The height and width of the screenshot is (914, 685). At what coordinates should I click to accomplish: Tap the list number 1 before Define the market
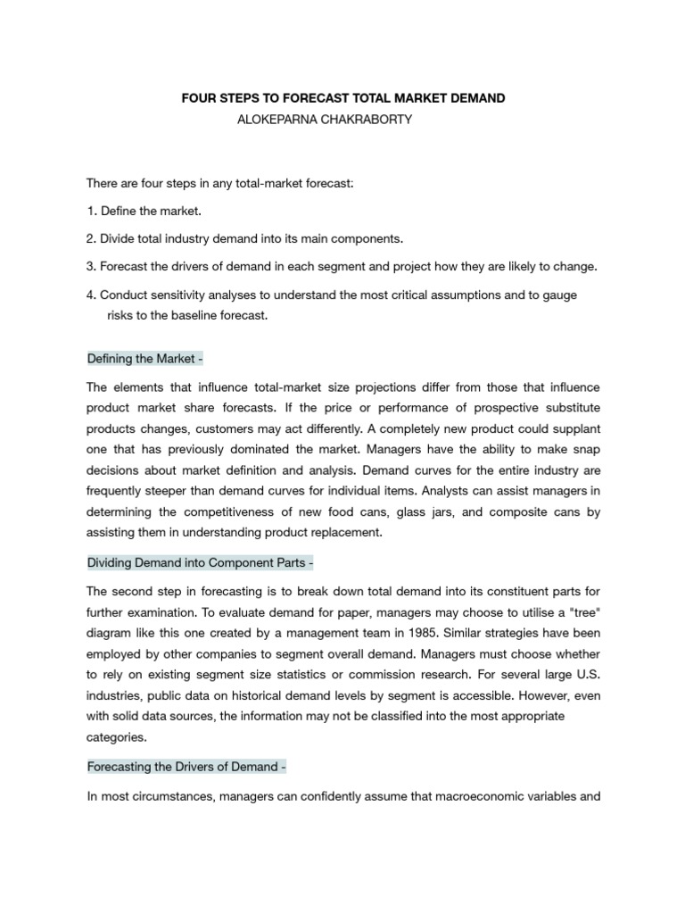[90, 211]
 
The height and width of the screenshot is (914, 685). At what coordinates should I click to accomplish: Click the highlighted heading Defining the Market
[145, 359]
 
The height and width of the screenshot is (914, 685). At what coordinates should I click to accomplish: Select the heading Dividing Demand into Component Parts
[200, 563]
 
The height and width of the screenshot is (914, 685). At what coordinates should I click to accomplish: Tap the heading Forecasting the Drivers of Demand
[186, 767]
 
